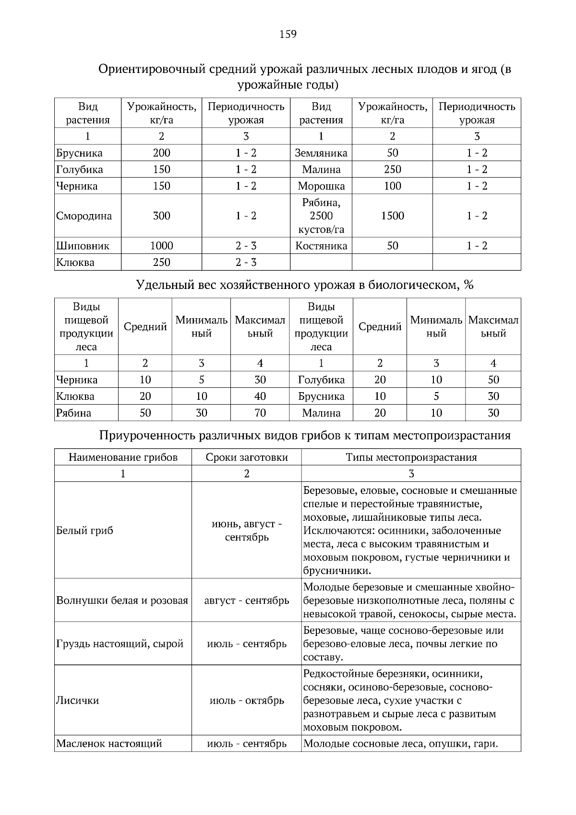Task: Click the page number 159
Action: tap(288, 34)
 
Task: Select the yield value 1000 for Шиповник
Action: tap(161, 246)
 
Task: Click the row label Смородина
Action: tap(84, 216)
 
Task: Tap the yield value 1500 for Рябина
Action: tap(392, 216)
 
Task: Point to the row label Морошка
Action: tap(321, 186)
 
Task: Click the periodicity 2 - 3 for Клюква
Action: tap(246, 263)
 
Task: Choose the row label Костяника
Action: tap(321, 246)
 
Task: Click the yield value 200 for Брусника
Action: tap(161, 153)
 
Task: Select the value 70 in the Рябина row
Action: tap(260, 413)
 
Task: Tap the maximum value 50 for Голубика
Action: tap(493, 380)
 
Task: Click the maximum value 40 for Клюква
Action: tap(260, 396)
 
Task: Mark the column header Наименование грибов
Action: tap(123, 457)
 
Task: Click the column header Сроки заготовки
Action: tap(247, 457)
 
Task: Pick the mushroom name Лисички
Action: tap(78, 700)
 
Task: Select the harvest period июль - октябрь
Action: tap(247, 700)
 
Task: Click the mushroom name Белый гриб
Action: tap(85, 531)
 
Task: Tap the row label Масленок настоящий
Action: tap(109, 744)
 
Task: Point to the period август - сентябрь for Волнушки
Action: tap(247, 600)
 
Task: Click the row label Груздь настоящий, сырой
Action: tap(120, 644)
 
